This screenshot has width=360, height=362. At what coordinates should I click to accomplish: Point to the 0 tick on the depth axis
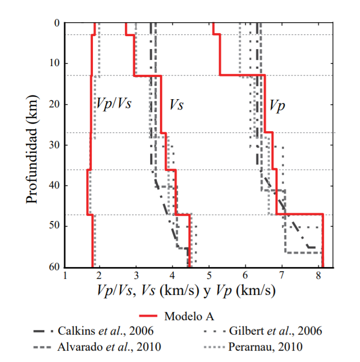coord(56,23)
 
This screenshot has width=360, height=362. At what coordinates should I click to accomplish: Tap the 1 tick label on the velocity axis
coord(65,277)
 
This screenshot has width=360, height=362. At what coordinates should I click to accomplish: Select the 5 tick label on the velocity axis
coord(209,277)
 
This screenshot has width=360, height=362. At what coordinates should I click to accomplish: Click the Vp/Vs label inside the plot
coord(113,103)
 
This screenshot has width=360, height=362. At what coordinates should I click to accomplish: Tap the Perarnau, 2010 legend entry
coord(264,347)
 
